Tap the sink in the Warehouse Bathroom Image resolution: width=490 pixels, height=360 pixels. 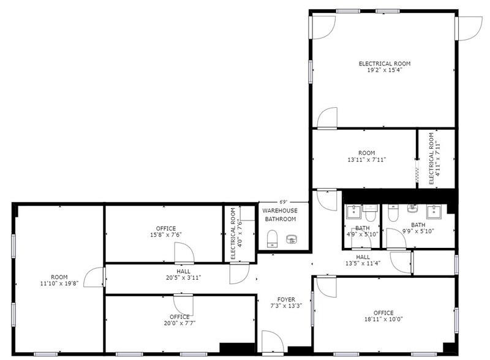[290, 239]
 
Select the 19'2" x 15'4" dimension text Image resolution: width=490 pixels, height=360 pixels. [384, 70]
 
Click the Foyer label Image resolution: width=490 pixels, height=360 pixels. [282, 300]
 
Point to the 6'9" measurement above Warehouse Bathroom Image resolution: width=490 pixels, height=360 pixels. [284, 202]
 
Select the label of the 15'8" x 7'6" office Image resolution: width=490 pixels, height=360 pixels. [165, 228]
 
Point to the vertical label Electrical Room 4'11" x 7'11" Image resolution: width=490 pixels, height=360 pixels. [434, 158]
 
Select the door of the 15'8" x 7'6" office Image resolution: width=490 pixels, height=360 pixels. [184, 252]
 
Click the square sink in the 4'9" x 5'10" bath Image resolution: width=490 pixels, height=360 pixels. [353, 212]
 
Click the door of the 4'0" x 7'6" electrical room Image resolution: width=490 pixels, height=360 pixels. [238, 274]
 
